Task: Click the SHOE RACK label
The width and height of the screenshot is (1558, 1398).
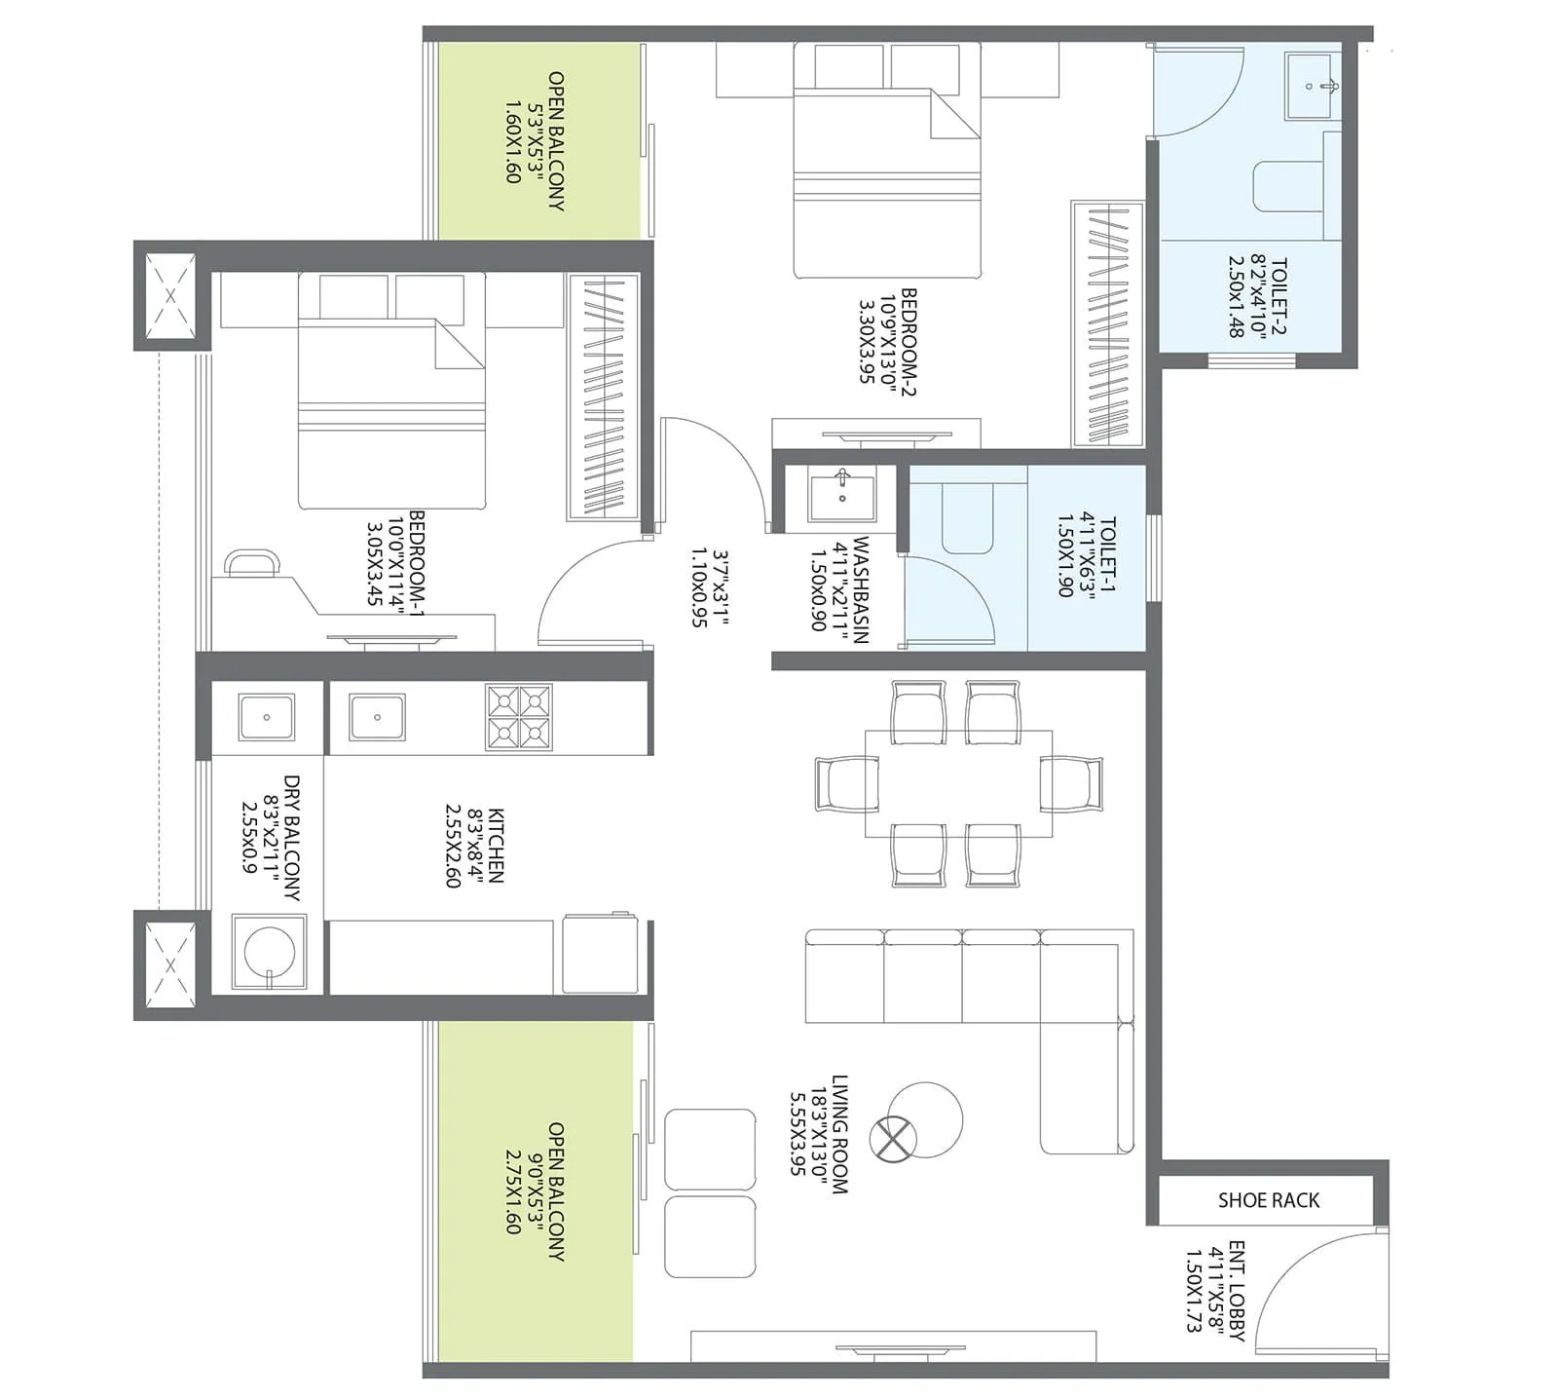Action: pyautogui.click(x=1268, y=1200)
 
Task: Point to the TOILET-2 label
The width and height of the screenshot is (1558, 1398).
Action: pyautogui.click(x=1279, y=296)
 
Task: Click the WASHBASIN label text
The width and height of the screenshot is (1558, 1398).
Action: pyautogui.click(x=861, y=589)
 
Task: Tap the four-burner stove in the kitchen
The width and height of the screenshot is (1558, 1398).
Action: pyautogui.click(x=519, y=717)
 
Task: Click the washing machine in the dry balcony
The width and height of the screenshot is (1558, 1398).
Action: pyautogui.click(x=268, y=952)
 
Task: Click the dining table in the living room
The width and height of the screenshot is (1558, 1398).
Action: pyautogui.click(x=958, y=782)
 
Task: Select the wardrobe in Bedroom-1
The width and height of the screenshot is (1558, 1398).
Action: pyautogui.click(x=603, y=397)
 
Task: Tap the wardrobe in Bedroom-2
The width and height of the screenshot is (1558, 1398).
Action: pyautogui.click(x=1107, y=324)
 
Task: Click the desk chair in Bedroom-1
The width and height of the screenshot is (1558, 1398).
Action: pyautogui.click(x=252, y=563)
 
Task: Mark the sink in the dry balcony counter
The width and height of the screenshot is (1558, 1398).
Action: pyautogui.click(x=266, y=718)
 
